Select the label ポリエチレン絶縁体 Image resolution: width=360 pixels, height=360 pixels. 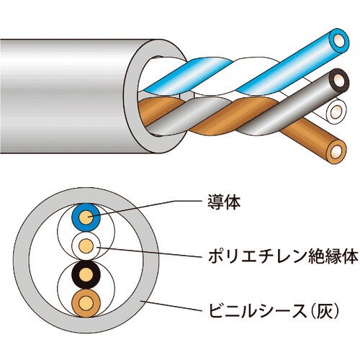[283, 256]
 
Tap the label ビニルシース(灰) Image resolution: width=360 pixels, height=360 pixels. [274, 310]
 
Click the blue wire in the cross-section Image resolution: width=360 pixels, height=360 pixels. [86, 217]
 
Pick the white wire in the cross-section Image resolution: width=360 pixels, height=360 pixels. [86, 246]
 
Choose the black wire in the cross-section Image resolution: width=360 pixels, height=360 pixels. [86, 275]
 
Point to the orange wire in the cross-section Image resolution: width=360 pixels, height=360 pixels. [86, 303]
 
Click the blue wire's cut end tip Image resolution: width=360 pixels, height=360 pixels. [338, 41]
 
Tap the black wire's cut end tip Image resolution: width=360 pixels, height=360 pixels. [339, 81]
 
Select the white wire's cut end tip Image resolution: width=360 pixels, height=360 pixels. [336, 111]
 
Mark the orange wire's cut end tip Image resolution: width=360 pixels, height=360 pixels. [336, 152]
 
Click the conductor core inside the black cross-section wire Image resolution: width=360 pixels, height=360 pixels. [86, 275]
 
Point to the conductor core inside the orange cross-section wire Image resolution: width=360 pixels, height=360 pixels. [86, 303]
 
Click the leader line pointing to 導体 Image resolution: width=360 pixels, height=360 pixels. [145, 207]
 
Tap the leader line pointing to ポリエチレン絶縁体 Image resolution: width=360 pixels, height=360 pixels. [150, 252]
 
